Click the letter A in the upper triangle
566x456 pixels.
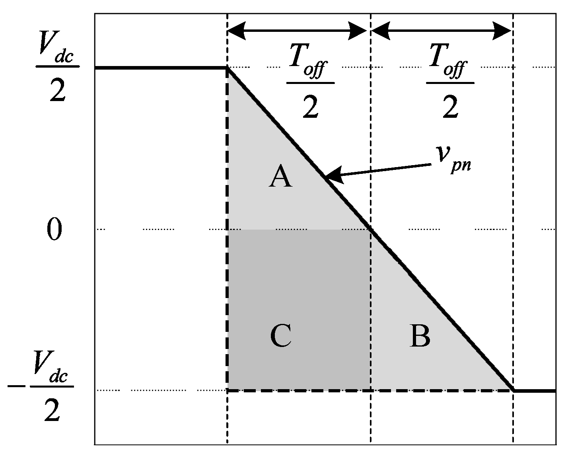click(281, 177)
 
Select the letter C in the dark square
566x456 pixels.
click(281, 336)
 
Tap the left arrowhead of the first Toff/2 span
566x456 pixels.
click(237, 31)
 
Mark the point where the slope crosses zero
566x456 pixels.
click(371, 229)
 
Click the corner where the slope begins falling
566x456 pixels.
click(227, 68)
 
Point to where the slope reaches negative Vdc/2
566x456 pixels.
click(513, 391)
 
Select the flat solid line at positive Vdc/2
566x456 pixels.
click(159, 68)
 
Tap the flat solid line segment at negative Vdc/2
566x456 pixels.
click(535, 391)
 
